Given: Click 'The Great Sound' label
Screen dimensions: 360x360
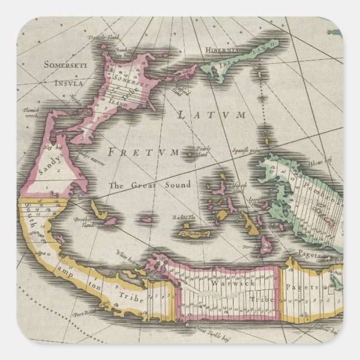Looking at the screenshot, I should (150, 185).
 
